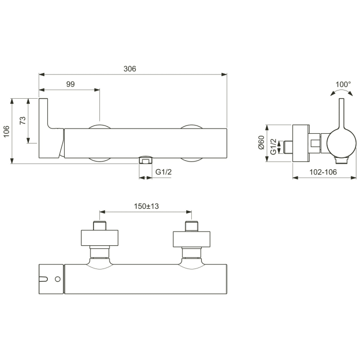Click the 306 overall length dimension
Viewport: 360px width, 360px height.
click(x=130, y=69)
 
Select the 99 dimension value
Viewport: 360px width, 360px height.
click(x=70, y=84)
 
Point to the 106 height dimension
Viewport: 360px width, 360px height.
click(x=6, y=131)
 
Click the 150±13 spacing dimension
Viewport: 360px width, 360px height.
click(x=146, y=206)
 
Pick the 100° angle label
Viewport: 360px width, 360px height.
click(x=343, y=84)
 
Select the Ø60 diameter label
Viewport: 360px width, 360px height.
click(x=261, y=142)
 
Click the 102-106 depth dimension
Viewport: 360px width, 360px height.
click(x=324, y=172)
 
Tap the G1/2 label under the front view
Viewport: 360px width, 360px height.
click(x=164, y=172)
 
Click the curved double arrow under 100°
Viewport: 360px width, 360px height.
click(x=342, y=93)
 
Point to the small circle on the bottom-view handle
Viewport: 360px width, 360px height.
click(x=58, y=279)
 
